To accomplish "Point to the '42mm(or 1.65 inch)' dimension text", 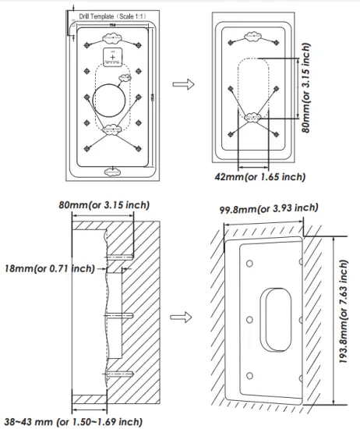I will [x=259, y=177].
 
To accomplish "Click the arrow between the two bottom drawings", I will [x=181, y=318].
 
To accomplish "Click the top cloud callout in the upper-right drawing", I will [x=253, y=37].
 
